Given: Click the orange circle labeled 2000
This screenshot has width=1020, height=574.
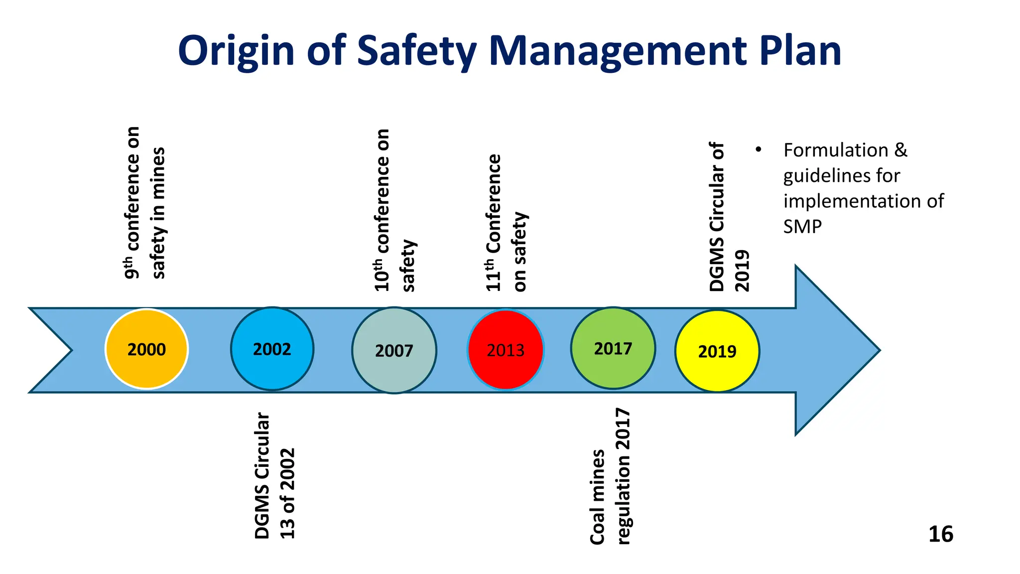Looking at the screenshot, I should coord(146,349).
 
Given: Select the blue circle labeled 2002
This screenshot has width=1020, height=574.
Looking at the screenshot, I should coord(272,349).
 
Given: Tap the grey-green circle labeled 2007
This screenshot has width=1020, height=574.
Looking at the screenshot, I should coord(394,350).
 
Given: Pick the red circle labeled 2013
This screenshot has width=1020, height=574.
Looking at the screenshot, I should coord(506,350).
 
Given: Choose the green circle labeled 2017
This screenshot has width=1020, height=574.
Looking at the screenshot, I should coord(613,348).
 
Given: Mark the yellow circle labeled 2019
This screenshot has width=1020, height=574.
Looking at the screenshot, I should coord(717,351).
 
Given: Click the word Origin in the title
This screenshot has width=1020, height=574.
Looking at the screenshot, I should coord(236,51).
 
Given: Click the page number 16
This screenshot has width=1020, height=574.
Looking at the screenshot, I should coord(941,535).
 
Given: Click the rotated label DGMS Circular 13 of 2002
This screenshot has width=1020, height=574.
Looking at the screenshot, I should coord(274,476).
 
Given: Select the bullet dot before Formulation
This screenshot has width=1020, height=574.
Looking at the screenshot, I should coord(758,149).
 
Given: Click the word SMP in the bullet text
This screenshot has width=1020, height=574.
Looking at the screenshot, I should coord(802,227).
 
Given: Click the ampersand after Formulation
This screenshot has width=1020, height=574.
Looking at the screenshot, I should coord(900,150).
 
